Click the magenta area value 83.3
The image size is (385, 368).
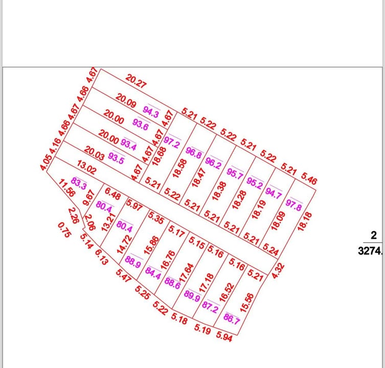[x=79, y=183]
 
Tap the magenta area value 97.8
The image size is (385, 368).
[x=295, y=203]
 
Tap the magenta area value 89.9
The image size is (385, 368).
[x=192, y=296]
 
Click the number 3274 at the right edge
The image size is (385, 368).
[x=372, y=251]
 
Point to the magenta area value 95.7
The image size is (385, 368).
[x=235, y=173]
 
